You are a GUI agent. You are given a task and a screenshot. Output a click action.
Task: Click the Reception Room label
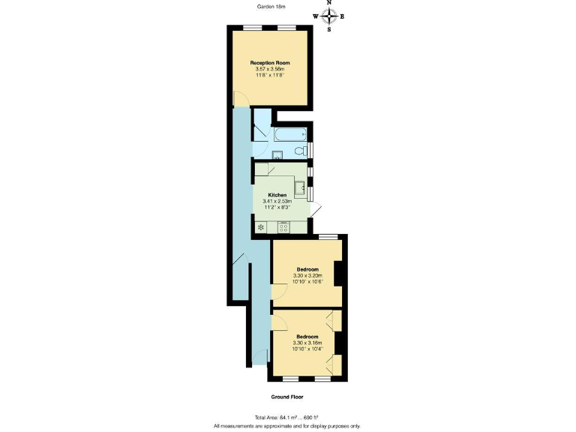tap(270, 63)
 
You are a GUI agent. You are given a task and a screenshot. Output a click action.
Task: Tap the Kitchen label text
tap(277, 195)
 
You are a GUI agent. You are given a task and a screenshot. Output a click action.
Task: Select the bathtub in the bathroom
tap(289, 135)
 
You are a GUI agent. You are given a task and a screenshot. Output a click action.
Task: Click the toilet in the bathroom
tap(301, 151)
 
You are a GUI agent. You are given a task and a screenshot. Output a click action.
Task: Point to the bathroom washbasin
tap(276, 155)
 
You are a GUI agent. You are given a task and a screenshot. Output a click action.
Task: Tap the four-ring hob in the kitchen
tap(283, 226)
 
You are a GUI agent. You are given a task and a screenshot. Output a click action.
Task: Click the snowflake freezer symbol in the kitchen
tap(260, 226)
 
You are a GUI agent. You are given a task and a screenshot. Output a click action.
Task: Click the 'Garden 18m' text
tap(271, 7)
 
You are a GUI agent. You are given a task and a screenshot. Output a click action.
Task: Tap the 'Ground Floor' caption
tap(287, 397)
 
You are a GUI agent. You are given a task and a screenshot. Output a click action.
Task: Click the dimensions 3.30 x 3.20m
tap(307, 276)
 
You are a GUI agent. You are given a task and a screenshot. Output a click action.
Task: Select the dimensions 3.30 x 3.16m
tap(307, 343)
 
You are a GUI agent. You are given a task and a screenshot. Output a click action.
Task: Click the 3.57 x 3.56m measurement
tap(270, 70)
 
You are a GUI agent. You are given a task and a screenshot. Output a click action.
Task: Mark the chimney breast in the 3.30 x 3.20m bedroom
tap(338, 273)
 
